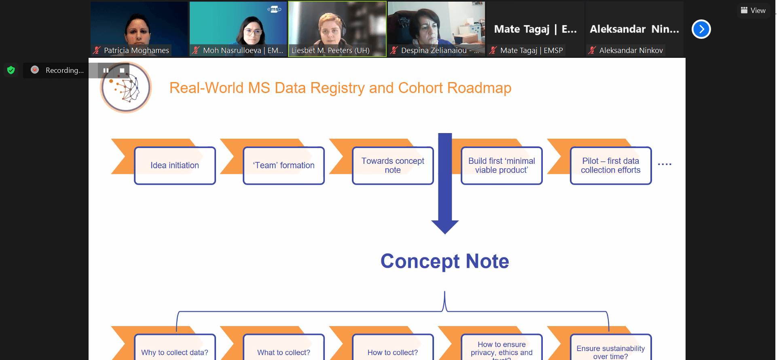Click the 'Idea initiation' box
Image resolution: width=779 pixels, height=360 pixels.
(175, 165)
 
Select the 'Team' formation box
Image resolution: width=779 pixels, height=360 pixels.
(284, 165)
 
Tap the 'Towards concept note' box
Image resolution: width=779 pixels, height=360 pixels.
(393, 165)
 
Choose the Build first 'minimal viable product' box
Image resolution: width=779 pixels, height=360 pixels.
(502, 165)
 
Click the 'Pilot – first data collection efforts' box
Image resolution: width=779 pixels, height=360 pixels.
(611, 165)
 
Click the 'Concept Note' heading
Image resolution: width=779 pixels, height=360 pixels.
(445, 261)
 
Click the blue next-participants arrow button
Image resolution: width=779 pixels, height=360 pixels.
(701, 29)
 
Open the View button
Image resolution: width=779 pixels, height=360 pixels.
(753, 11)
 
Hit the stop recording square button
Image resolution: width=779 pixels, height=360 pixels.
(122, 70)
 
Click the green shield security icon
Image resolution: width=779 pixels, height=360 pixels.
(11, 70)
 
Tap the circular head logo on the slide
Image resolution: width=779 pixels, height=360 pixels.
(126, 87)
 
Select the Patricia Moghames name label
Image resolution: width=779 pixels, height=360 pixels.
(136, 51)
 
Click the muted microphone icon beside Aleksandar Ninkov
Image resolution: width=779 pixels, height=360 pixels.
(592, 51)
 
